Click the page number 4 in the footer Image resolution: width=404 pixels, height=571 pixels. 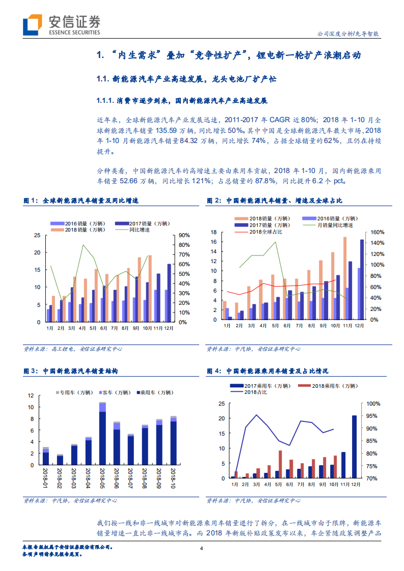[x=202, y=548]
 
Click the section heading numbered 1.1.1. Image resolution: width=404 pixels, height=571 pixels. [x=181, y=101]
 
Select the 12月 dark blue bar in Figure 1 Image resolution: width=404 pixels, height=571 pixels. [x=169, y=293]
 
